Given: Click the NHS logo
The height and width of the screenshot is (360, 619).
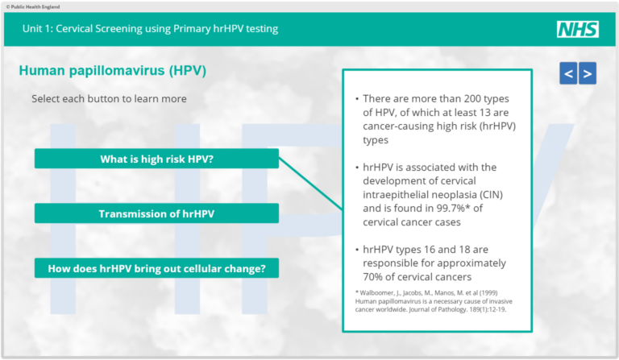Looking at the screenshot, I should [x=577, y=30].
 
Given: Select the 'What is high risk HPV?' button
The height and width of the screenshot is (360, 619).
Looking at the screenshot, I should [x=156, y=159].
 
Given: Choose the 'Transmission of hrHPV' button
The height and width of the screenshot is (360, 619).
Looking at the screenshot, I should [x=156, y=213].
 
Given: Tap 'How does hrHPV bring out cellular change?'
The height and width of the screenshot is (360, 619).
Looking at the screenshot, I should [x=156, y=268].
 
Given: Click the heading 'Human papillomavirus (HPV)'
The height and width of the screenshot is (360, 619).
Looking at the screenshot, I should [x=112, y=71].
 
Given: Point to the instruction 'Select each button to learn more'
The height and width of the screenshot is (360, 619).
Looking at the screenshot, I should [x=109, y=98].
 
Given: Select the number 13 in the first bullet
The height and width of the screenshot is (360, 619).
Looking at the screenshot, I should [x=480, y=112].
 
